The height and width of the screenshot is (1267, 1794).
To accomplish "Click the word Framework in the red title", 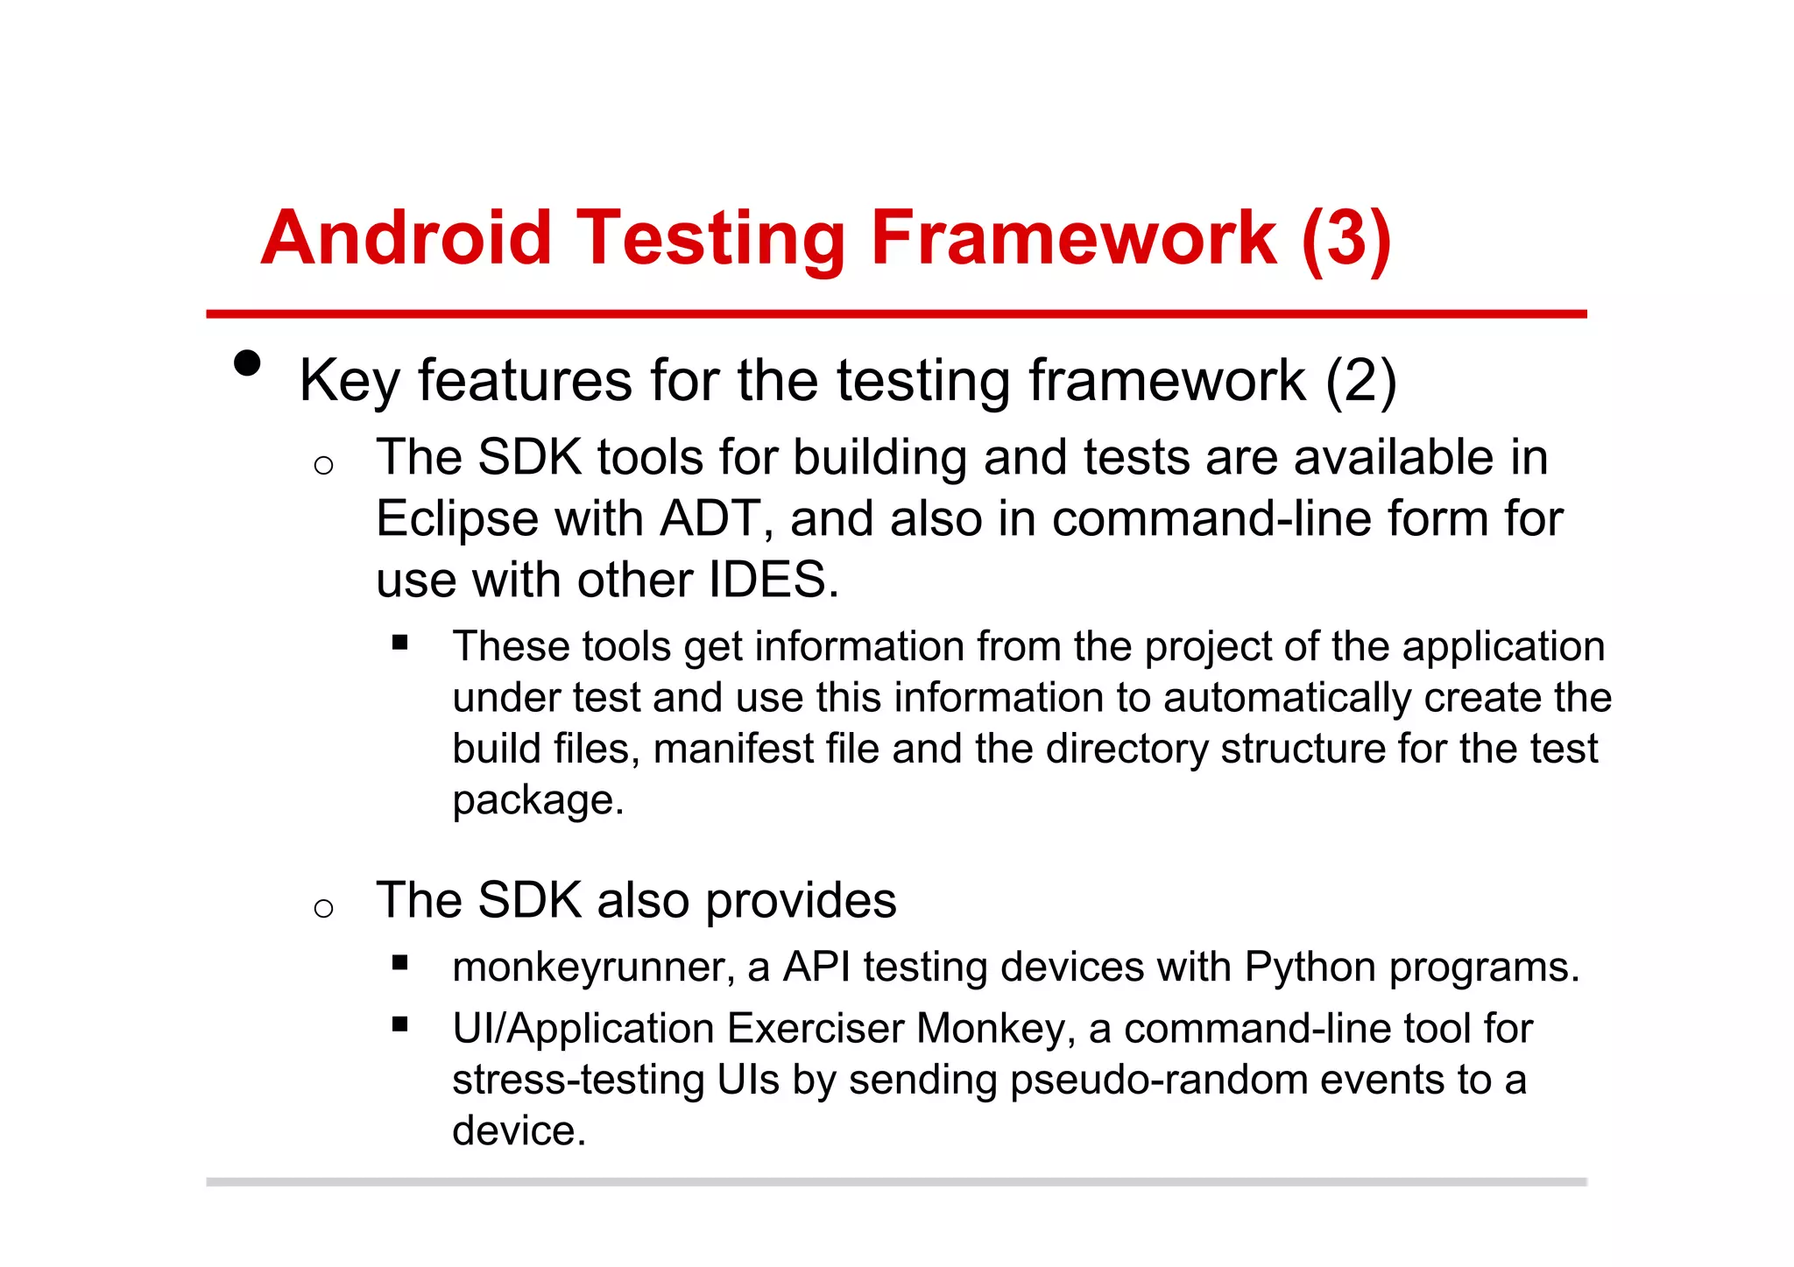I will pyautogui.click(x=1073, y=238).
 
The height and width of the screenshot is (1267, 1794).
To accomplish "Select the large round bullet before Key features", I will pyautogui.click(x=248, y=363).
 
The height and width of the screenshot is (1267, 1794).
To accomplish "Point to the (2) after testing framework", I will pyautogui.click(x=1360, y=381).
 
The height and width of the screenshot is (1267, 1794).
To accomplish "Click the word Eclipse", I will pyautogui.click(x=456, y=519).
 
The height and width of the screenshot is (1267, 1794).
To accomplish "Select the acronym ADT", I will pyautogui.click(x=710, y=519).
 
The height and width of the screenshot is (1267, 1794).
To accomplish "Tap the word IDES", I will pyautogui.click(x=767, y=580).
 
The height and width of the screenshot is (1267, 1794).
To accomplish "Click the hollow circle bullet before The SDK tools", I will pyautogui.click(x=323, y=465).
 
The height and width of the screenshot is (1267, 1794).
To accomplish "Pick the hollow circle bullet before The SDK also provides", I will pyautogui.click(x=323, y=908).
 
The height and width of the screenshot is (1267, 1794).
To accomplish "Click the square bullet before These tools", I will pyautogui.click(x=400, y=644).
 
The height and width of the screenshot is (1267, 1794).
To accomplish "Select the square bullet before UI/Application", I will pyautogui.click(x=400, y=1024).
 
